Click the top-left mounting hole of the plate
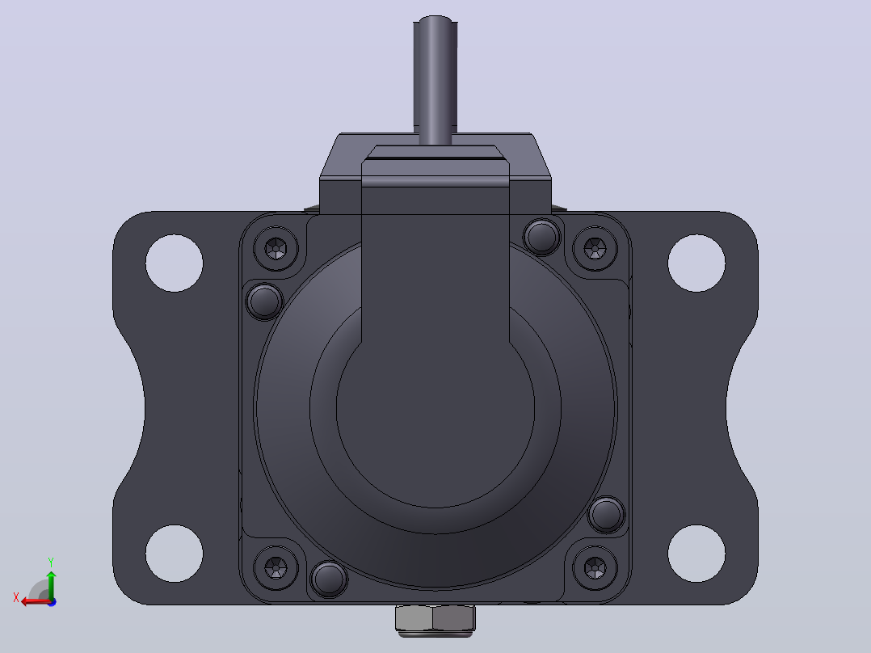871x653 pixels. point(175,263)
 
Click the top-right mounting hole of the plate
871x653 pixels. point(696,263)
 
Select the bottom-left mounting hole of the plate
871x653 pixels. point(175,554)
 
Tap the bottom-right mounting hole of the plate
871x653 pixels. point(696,554)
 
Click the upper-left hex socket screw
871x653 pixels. point(276,248)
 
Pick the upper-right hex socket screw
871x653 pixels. point(595,248)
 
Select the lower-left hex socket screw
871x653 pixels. point(276,567)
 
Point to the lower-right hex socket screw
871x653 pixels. point(595,567)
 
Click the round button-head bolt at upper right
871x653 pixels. point(542,237)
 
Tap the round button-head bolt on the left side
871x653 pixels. point(264,301)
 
